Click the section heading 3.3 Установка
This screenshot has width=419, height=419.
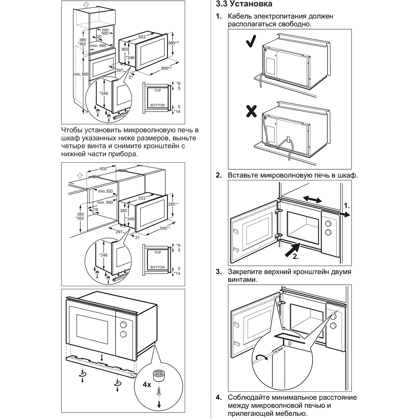point(244,4)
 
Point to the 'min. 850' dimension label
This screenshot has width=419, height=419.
point(81,74)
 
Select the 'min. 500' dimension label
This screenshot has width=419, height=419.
point(105,32)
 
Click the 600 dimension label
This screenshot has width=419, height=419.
point(103,169)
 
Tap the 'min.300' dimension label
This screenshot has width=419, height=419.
point(105,191)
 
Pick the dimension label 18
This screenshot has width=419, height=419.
point(96,209)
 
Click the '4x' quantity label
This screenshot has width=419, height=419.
point(147,385)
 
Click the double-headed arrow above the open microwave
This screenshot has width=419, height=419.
point(313,199)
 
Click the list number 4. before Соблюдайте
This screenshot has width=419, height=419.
point(219,397)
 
